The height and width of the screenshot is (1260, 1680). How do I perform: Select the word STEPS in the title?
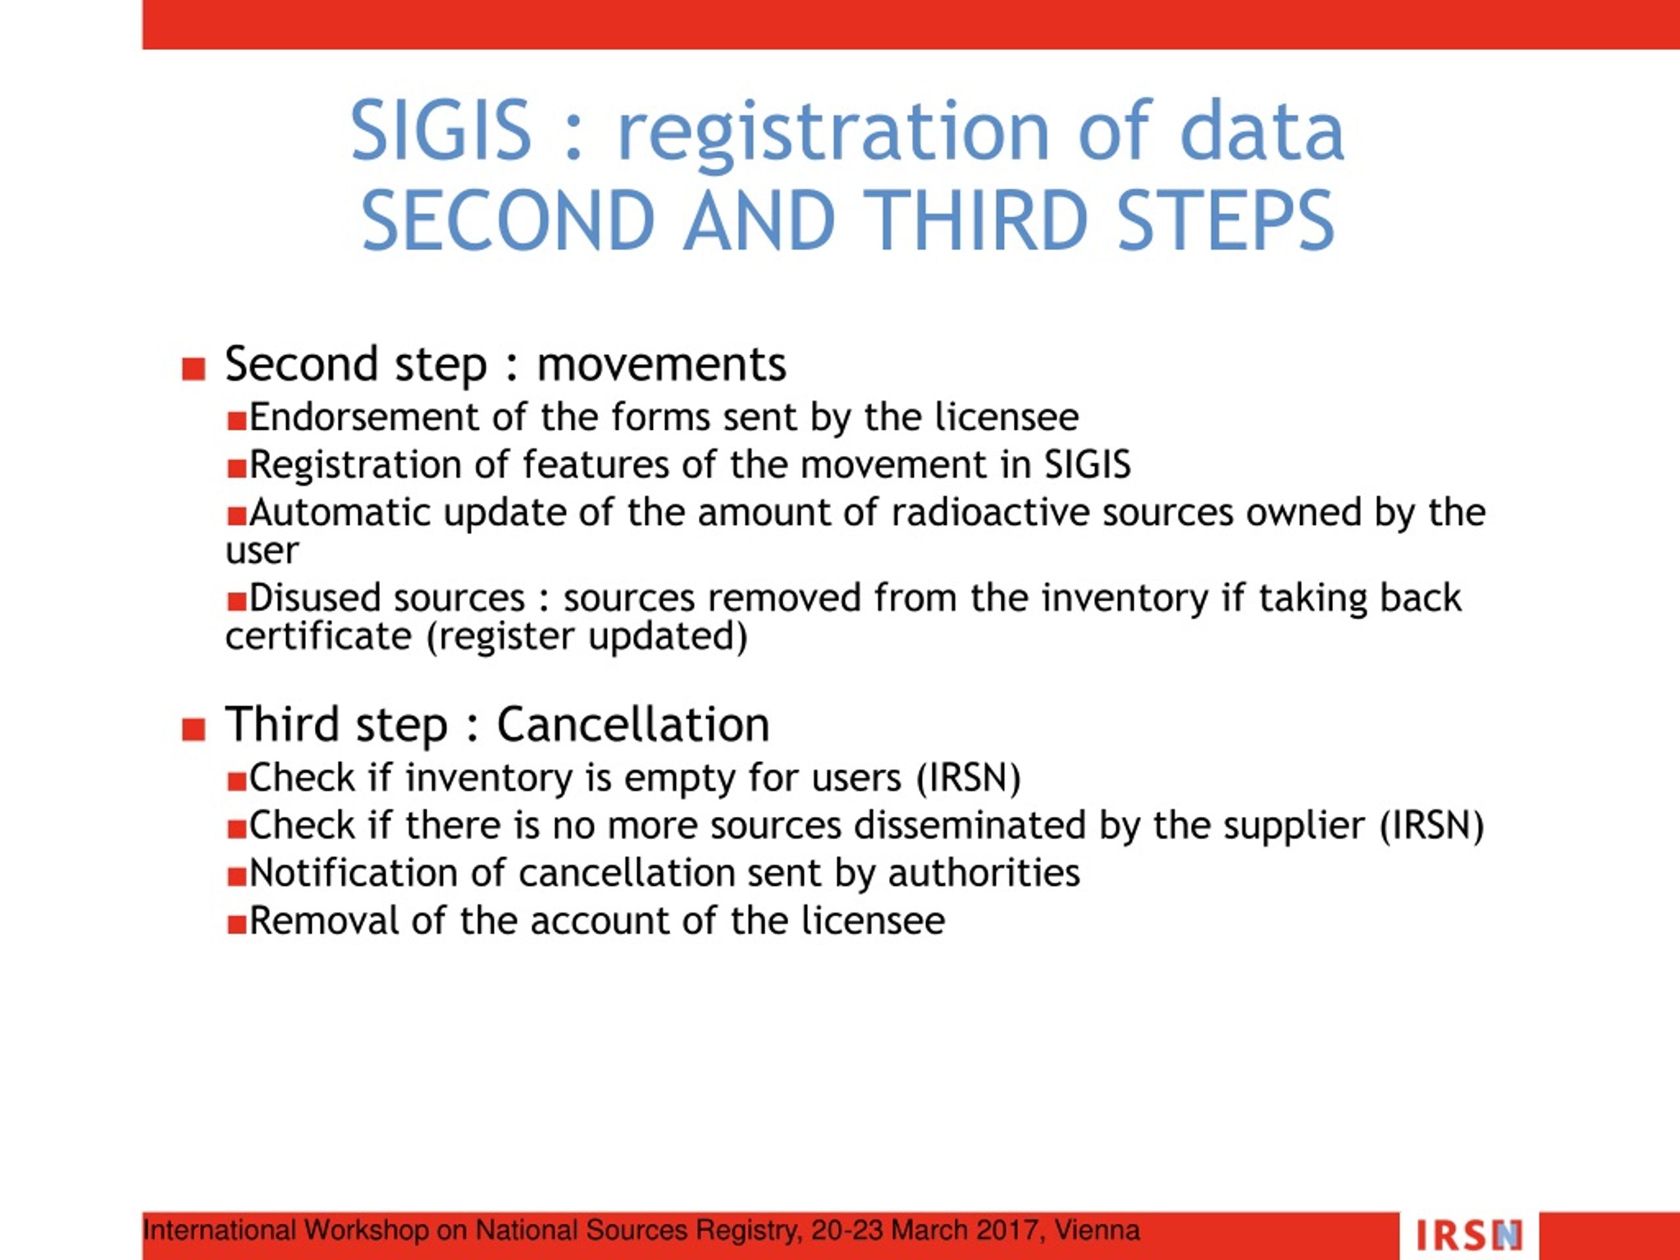pos(1226,220)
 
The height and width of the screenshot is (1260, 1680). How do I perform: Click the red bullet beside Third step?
pos(194,729)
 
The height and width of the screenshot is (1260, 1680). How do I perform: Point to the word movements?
pos(661,365)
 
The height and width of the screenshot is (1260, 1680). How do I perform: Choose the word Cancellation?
pos(633,724)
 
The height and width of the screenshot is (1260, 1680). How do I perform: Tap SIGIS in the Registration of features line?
pos(1087,465)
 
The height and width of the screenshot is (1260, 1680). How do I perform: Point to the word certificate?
pos(318,637)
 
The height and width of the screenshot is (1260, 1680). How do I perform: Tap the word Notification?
pos(353,873)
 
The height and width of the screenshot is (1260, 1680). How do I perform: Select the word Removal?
pos(324,921)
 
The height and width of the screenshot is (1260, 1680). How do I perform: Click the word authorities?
pos(984,873)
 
